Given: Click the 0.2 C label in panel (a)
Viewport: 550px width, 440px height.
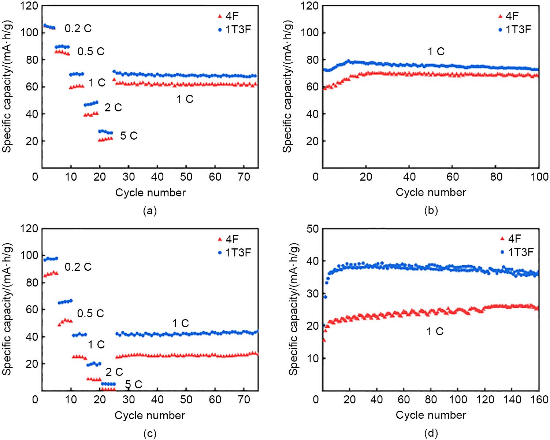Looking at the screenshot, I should pyautogui.click(x=78, y=29).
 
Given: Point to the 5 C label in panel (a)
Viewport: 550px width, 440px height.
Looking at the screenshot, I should pyautogui.click(x=129, y=136).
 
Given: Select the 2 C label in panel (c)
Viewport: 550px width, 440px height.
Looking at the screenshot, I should pyautogui.click(x=114, y=372).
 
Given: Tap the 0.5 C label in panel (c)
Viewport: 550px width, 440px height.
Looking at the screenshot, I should pyautogui.click(x=90, y=314).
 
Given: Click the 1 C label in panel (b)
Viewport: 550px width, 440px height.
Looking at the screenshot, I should pyautogui.click(x=436, y=52).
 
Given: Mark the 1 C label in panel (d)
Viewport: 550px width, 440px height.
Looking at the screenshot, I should pyautogui.click(x=435, y=332).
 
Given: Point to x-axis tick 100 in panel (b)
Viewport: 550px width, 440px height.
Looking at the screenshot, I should pyautogui.click(x=538, y=177).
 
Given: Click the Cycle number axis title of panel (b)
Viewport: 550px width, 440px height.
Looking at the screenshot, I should pyautogui.click(x=431, y=192).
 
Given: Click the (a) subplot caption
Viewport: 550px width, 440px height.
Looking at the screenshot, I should pyautogui.click(x=150, y=211).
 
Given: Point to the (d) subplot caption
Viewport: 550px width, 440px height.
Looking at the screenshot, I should pyautogui.click(x=431, y=434).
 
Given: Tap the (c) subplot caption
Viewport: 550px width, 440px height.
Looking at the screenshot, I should pyautogui.click(x=150, y=434).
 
